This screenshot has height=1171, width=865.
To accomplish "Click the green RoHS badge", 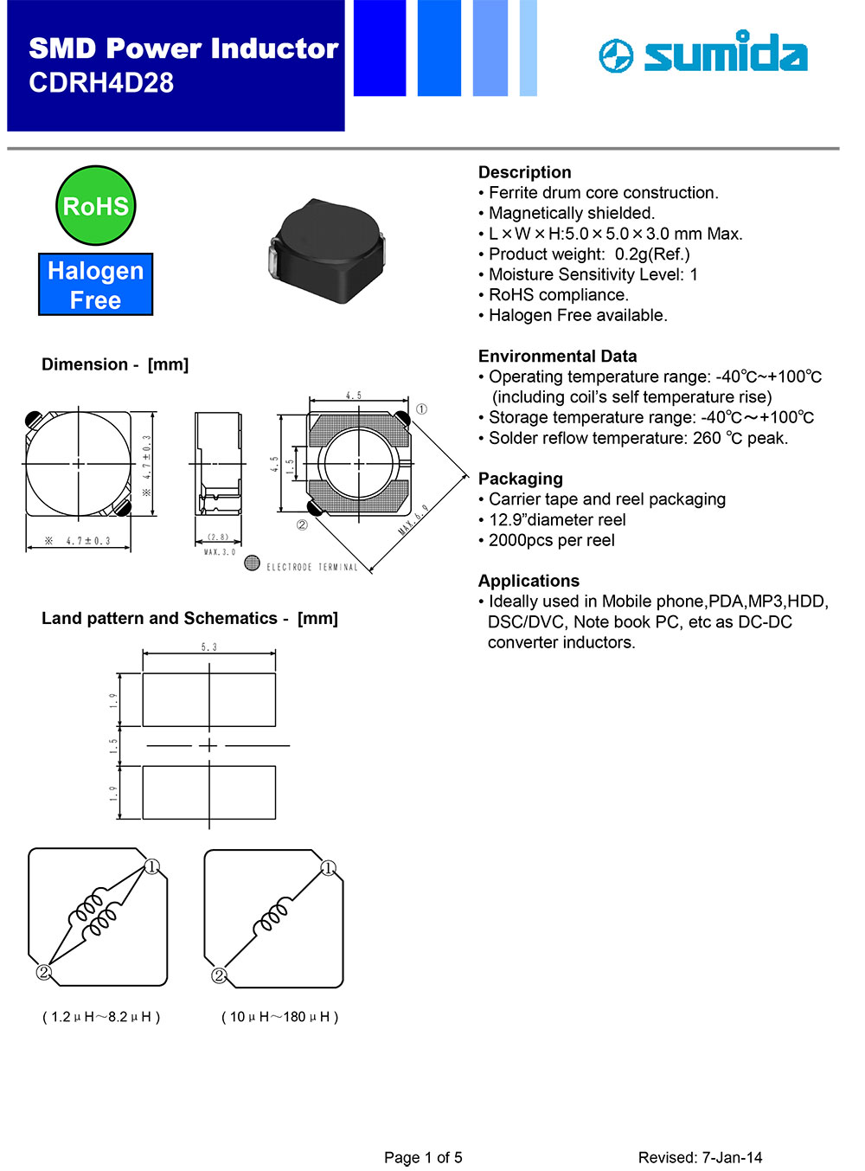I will [95, 206].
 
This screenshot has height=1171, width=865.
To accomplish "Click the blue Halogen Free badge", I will [95, 285].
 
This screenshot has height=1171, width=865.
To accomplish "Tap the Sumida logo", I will [703, 54].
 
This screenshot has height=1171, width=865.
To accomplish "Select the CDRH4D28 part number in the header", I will [101, 83].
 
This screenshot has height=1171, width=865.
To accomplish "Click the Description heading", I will [524, 172].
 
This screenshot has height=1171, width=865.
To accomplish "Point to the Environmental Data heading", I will [557, 356].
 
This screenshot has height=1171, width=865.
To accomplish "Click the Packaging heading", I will [520, 479].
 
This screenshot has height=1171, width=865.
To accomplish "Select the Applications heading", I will [529, 581].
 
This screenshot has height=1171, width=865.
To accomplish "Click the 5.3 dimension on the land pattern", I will [209, 647].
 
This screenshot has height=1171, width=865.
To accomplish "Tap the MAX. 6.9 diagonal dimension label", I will [413, 519].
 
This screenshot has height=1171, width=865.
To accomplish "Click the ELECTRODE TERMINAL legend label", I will [311, 568].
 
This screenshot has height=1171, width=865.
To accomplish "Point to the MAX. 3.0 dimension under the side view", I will [219, 552].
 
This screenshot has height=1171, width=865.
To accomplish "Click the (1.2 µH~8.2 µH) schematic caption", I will [101, 1017].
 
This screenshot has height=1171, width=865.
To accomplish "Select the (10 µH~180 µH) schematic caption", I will [279, 1017].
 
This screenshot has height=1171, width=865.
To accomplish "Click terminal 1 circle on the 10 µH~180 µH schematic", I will [329, 868].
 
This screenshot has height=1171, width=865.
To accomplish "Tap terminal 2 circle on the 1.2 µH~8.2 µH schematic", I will [43, 973].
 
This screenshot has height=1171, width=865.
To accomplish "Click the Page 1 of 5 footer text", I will [423, 1158].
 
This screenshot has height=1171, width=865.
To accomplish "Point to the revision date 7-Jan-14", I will [732, 1158].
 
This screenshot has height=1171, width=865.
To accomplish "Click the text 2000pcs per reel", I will [551, 540].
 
